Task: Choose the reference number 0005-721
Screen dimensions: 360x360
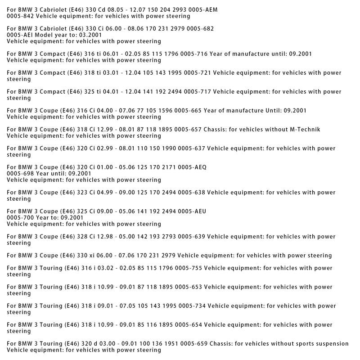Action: click(x=197, y=72)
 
